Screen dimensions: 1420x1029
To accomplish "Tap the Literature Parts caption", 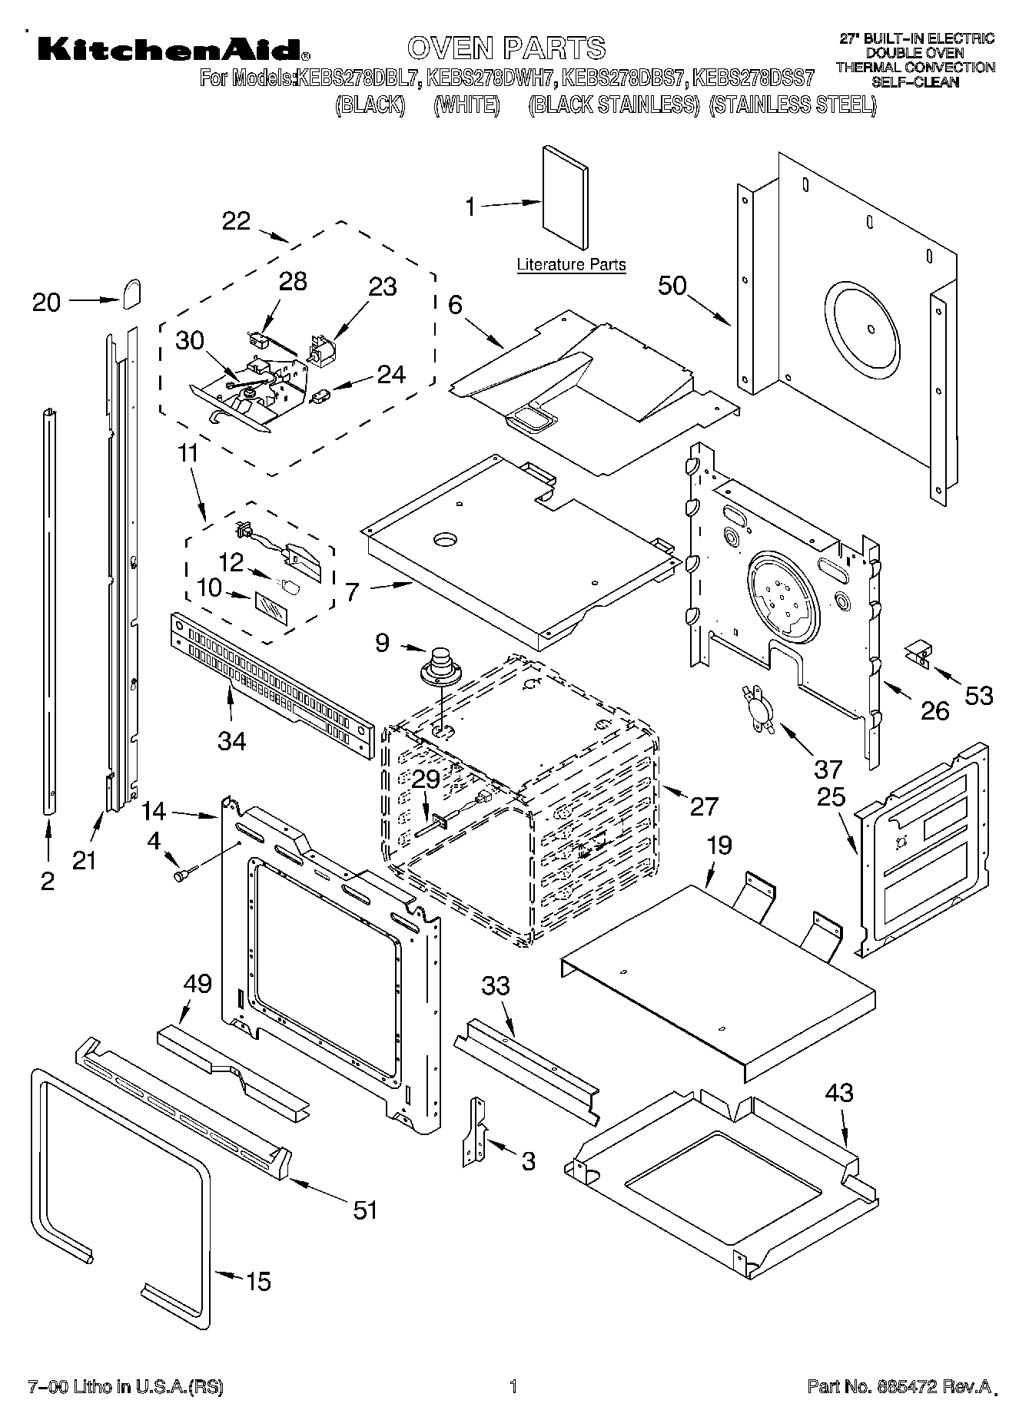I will click(571, 265).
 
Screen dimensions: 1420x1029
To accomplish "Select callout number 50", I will click(672, 286).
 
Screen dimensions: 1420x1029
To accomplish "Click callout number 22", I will click(236, 221).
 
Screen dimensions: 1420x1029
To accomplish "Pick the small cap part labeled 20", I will click(131, 293).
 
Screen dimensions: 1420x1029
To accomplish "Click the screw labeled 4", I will click(184, 873).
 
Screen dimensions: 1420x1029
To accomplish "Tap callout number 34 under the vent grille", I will click(232, 741).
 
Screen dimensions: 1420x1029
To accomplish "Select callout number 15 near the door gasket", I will click(259, 1281).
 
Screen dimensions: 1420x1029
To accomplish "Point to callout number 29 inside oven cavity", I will click(426, 779).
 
